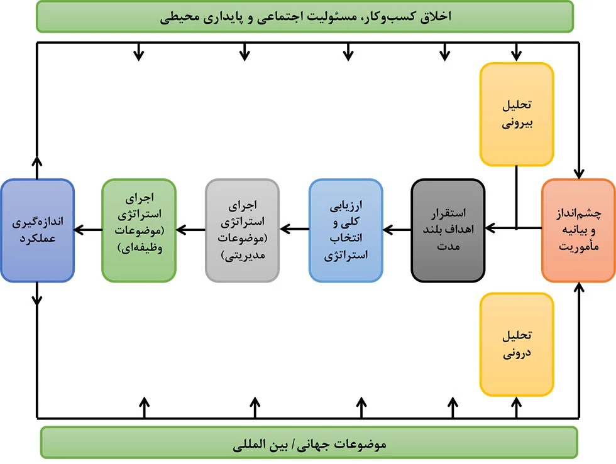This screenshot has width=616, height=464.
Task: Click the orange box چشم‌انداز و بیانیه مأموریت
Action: [578, 230]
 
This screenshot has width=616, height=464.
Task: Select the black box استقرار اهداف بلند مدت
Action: [448, 230]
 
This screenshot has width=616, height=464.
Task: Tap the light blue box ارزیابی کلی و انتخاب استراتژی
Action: [346, 230]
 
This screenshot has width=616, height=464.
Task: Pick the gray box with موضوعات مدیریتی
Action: [243, 230]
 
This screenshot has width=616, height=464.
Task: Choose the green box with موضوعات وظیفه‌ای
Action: [139, 230]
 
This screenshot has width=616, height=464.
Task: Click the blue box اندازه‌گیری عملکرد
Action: [37, 230]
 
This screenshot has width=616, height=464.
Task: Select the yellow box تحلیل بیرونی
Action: [517, 114]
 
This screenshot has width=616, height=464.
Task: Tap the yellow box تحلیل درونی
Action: [517, 344]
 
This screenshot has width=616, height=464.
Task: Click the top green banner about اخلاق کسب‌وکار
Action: [305, 16]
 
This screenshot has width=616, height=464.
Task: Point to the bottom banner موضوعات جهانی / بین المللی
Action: [309, 443]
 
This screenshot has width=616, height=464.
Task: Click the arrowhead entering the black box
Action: [490, 228]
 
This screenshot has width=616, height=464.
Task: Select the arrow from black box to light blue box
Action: [397, 229]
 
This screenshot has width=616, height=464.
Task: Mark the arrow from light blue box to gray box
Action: [294, 229]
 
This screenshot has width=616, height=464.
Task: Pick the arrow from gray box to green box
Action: [190, 229]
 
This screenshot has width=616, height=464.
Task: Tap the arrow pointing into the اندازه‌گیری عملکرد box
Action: [88, 229]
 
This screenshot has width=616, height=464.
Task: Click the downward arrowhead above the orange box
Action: [579, 174]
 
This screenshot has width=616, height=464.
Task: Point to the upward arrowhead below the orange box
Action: [579, 288]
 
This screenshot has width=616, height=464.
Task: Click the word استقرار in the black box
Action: [448, 213]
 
